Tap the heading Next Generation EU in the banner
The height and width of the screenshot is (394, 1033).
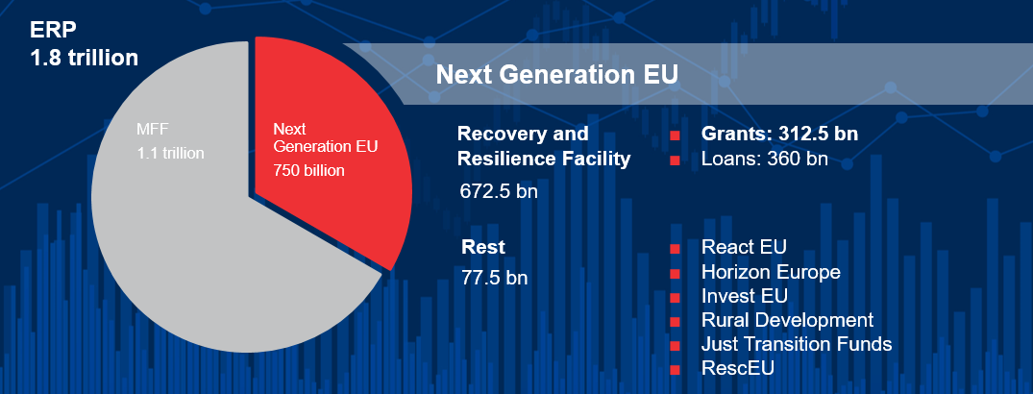coord(556,75)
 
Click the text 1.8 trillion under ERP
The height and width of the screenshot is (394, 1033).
coord(85,58)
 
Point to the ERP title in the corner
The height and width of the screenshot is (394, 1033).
coord(50,29)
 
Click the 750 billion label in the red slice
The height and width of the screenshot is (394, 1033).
coord(308,171)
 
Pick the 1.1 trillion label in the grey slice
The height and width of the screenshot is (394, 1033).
coord(170,152)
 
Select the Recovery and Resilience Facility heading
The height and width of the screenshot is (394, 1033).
coord(544,146)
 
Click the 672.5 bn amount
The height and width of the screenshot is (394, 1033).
coord(499,190)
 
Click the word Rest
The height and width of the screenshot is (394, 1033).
coord(482,248)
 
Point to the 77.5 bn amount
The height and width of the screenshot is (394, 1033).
coord(494,279)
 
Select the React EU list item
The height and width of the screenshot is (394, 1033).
coord(744,248)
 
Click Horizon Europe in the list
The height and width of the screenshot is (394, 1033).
coord(771,272)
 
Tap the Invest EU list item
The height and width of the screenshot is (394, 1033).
coord(745,296)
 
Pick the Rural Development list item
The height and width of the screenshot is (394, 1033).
coord(787,320)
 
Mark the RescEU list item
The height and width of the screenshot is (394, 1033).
coord(737,368)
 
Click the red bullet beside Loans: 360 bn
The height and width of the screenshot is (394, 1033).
coord(675,160)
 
